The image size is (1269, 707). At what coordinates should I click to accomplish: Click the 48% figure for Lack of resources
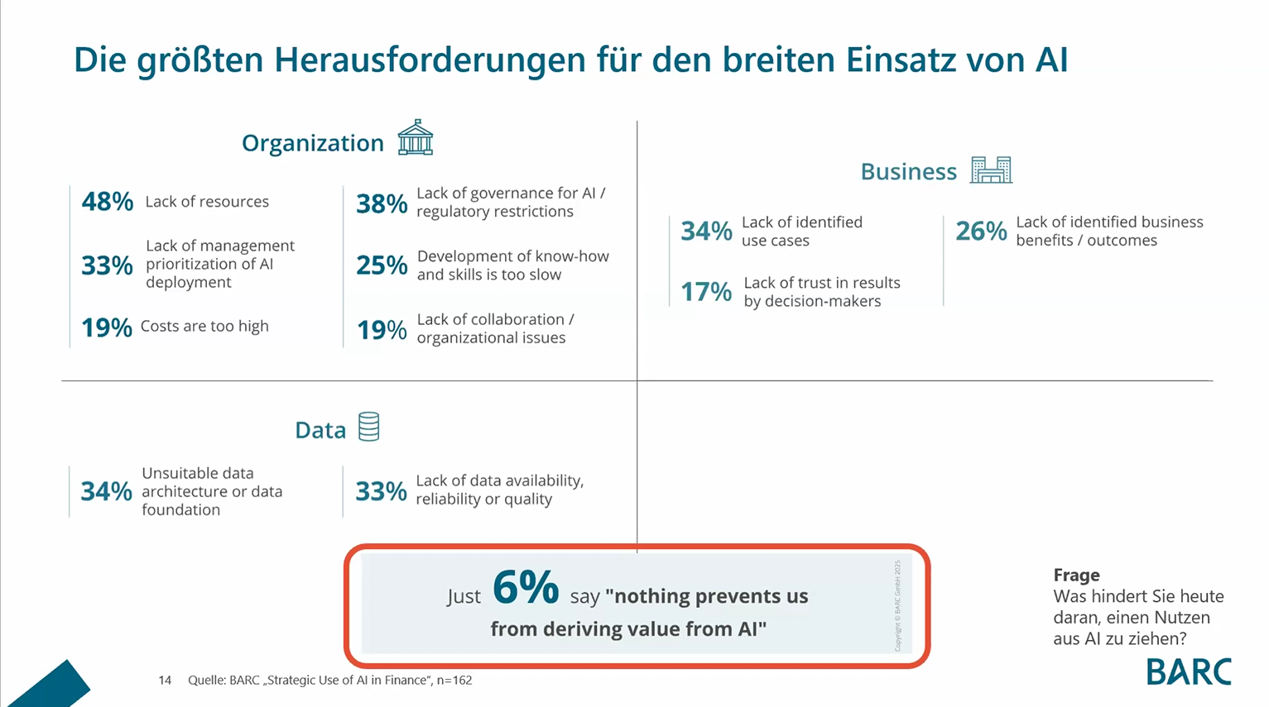point(107,202)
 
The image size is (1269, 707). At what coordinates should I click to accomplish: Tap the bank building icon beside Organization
point(415,138)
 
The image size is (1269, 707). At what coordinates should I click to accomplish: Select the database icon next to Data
point(368,427)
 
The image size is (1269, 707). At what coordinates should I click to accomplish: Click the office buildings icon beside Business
point(991,170)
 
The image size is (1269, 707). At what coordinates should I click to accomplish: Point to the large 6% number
point(526,588)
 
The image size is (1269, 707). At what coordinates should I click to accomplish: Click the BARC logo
point(1189,671)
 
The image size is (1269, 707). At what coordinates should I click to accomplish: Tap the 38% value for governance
point(382,203)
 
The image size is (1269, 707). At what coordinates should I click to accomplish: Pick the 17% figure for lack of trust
point(706,292)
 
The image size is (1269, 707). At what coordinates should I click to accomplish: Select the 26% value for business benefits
point(981,232)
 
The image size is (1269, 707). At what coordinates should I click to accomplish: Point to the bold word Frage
point(1076,576)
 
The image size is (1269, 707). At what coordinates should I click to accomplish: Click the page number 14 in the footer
point(165,681)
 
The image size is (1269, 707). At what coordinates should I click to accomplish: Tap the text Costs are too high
point(204,327)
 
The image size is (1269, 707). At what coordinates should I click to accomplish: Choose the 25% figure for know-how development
point(382,265)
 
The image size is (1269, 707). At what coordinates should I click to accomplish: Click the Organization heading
point(312,143)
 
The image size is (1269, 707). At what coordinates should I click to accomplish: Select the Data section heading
point(320,430)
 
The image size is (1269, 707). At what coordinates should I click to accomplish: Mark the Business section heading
point(908,172)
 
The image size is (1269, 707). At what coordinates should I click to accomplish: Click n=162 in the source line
point(454,681)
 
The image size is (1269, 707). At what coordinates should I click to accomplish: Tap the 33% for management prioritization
point(107,265)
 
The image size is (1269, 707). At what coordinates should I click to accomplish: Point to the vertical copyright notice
point(897,605)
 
